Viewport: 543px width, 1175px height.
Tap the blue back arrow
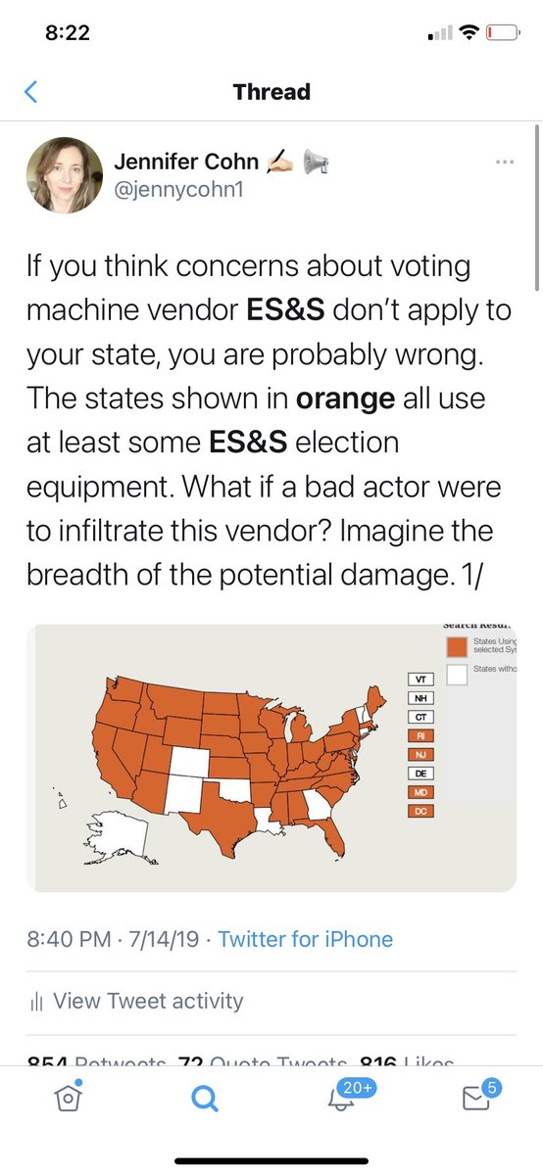[29, 92]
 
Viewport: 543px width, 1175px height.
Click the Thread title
[271, 92]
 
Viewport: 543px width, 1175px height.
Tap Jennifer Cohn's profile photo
[64, 175]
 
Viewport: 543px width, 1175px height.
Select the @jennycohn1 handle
[177, 190]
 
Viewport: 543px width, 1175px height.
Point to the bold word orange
[339, 399]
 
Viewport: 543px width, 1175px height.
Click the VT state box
[420, 679]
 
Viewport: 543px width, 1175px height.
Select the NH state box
[420, 698]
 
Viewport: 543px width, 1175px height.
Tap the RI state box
[420, 735]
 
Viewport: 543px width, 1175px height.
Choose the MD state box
[420, 791]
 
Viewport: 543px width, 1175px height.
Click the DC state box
[420, 811]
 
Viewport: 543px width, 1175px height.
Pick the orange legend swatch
[457, 646]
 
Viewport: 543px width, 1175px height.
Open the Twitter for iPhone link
[305, 939]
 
